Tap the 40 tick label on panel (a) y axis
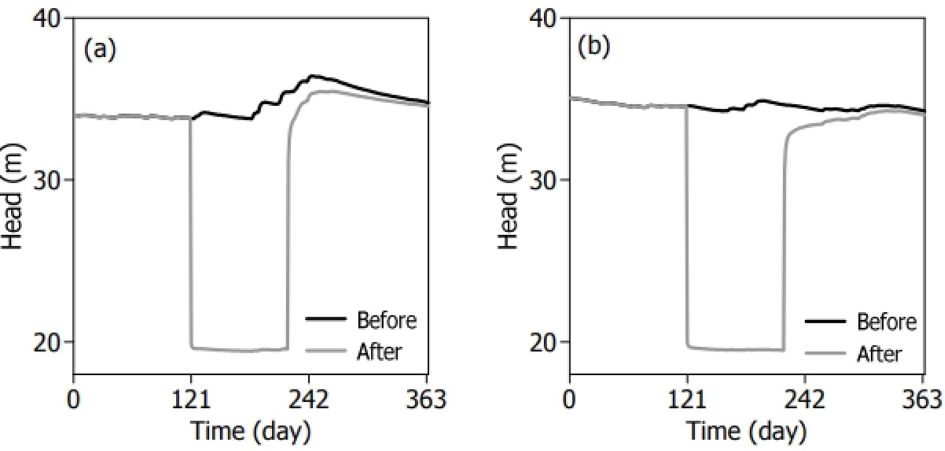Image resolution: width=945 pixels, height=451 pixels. (47, 19)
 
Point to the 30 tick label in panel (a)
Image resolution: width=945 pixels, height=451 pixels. (47, 180)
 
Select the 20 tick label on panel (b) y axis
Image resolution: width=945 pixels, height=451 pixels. (544, 342)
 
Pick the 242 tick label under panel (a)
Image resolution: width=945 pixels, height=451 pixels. (309, 399)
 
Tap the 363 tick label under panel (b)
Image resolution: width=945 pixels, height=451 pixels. (923, 399)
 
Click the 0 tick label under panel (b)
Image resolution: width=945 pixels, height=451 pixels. (569, 399)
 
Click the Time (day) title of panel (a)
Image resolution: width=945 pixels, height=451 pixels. (250, 431)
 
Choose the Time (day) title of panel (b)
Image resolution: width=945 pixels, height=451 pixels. (746, 431)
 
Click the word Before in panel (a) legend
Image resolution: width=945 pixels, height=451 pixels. (386, 320)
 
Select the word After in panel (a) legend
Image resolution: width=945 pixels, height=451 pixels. (379, 351)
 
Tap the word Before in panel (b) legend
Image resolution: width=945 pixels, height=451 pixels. (886, 322)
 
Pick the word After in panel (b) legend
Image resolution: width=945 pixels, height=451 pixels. (879, 354)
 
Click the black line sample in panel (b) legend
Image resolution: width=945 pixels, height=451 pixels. (825, 322)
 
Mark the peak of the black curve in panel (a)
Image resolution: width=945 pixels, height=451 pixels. (311, 76)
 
